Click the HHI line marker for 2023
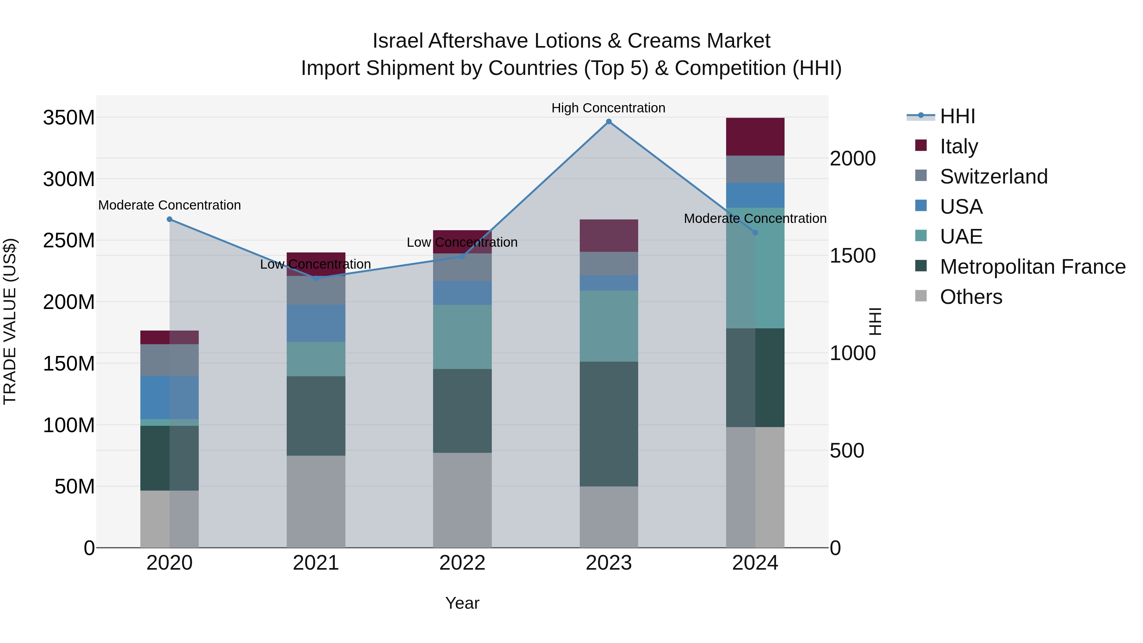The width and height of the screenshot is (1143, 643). click(x=609, y=122)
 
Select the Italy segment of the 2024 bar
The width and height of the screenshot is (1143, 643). click(x=755, y=137)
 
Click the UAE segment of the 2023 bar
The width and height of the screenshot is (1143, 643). click(x=609, y=326)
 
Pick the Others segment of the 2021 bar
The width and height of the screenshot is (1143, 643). click(x=316, y=501)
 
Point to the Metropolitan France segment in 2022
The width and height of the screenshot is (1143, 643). click(x=462, y=411)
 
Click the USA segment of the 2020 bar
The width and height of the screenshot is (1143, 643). click(x=170, y=398)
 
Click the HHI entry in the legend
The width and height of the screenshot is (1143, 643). click(x=958, y=116)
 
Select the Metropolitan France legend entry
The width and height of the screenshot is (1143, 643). click(x=1032, y=267)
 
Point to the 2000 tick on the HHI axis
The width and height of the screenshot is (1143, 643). click(x=853, y=159)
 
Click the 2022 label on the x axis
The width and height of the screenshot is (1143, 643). click(x=462, y=563)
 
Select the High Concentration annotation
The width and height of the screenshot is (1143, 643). click(x=608, y=108)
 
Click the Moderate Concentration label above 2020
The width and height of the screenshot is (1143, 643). click(x=170, y=205)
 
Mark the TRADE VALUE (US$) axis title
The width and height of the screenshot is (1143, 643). click(x=10, y=321)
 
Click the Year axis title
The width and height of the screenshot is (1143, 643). click(x=462, y=603)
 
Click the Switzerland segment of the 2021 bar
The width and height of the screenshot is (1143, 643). click(x=316, y=290)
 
